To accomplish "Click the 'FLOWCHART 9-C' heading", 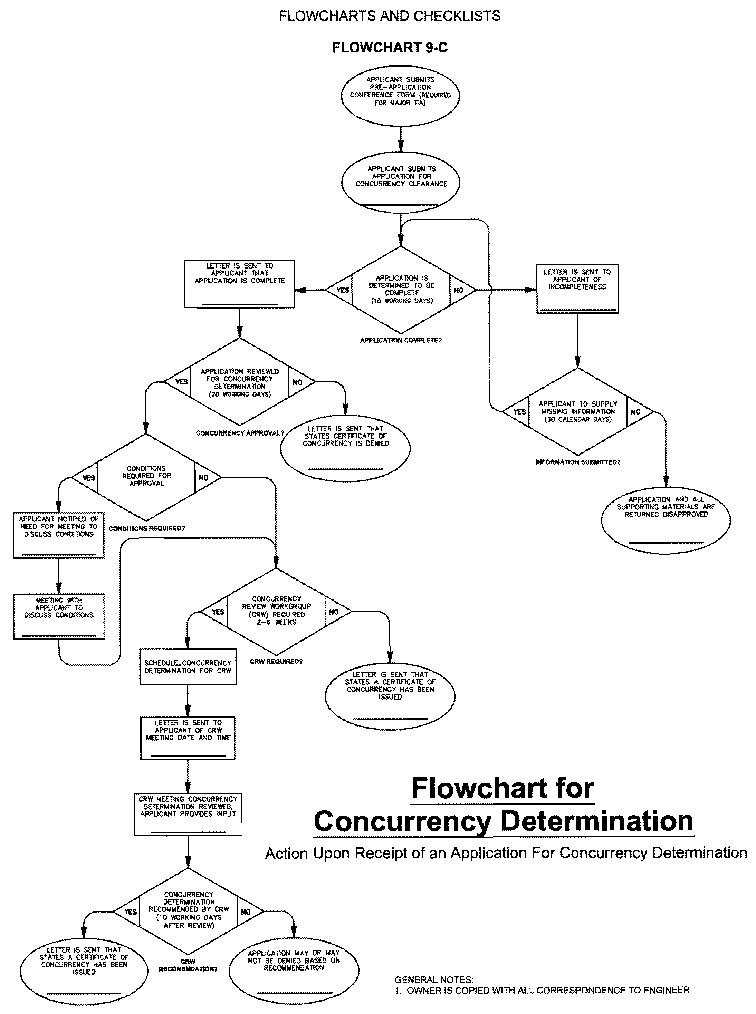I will (x=390, y=48).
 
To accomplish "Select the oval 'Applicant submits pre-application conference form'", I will (x=400, y=95).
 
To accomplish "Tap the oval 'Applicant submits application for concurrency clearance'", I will (x=400, y=182).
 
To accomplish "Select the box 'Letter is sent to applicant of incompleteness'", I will (x=577, y=288).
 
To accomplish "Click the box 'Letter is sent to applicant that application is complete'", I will (x=239, y=284).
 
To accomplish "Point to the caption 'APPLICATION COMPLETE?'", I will (x=400, y=340).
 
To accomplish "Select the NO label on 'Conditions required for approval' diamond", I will (x=204, y=478).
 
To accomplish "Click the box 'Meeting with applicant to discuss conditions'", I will (x=59, y=616).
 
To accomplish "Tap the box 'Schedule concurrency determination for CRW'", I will (x=188, y=666).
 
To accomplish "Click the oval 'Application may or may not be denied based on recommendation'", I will (x=294, y=969).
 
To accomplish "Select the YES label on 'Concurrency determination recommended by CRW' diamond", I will (x=131, y=912).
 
